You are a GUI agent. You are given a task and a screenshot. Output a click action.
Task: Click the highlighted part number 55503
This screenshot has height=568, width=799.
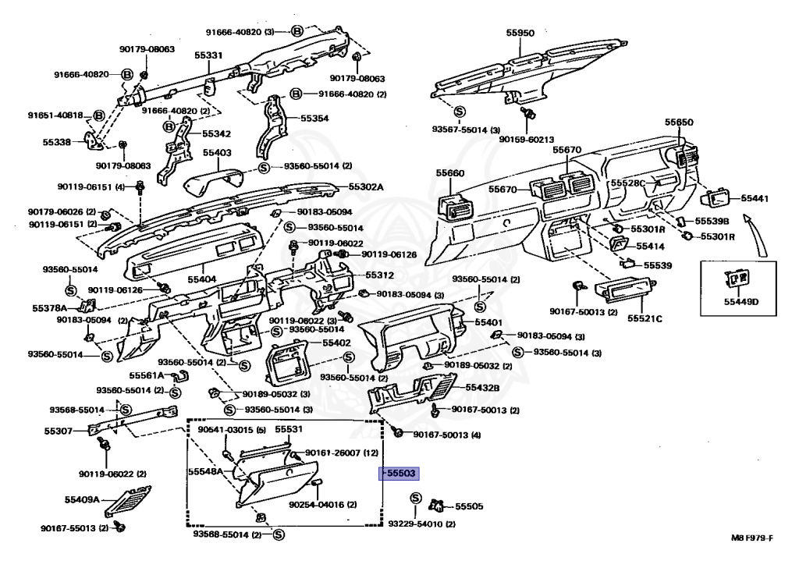pyautogui.click(x=399, y=473)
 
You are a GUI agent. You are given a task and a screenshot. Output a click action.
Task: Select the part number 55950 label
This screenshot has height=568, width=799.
pyautogui.click(x=520, y=34)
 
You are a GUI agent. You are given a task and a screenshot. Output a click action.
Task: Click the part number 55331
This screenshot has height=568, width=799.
pyautogui.click(x=208, y=55)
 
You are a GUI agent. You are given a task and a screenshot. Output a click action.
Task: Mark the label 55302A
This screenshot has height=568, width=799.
pyautogui.click(x=365, y=187)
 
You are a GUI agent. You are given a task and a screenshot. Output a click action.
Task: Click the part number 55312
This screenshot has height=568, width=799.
pyautogui.click(x=380, y=276)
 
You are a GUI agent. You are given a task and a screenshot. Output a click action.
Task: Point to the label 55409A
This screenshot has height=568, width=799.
pyautogui.click(x=82, y=499)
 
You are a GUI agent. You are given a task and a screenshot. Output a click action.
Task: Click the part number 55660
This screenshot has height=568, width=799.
pyautogui.click(x=450, y=173)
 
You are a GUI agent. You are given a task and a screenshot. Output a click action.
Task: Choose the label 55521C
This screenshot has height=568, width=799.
pyautogui.click(x=647, y=318)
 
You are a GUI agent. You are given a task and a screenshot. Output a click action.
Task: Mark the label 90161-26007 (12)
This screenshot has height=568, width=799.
pyautogui.click(x=342, y=453)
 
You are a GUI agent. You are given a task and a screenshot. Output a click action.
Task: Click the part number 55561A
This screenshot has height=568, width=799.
pyautogui.click(x=147, y=375)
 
